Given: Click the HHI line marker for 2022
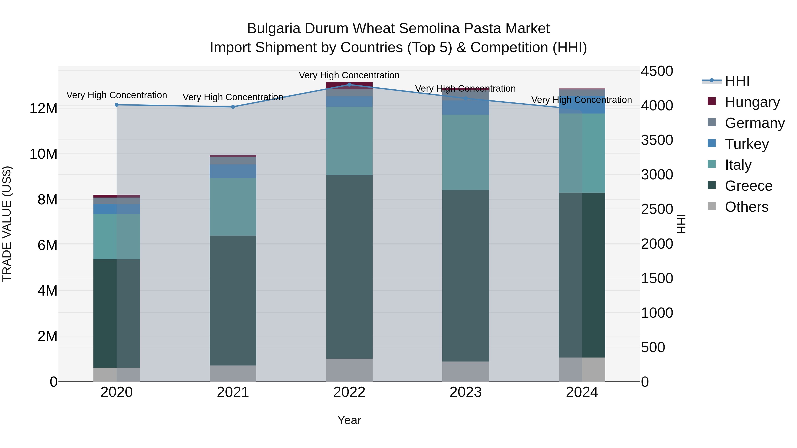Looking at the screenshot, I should pos(349,85).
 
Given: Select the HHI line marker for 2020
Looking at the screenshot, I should pos(117,105).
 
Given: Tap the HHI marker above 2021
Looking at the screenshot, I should pos(233,107).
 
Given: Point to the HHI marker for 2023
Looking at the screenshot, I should pos(466,98).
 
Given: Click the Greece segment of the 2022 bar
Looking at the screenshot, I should pos(349,267).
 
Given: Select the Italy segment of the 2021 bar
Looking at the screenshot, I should pos(233,207).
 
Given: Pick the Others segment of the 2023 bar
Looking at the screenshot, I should pos(466,371).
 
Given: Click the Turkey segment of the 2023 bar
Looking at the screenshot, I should pos(466,107).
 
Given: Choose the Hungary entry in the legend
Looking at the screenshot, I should pos(752,102).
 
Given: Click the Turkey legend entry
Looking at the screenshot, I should pos(746,144).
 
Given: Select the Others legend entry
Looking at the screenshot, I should pos(746,207).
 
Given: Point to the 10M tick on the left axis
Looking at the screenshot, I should pos(43,154).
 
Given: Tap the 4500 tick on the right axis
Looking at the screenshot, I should pos(657,71).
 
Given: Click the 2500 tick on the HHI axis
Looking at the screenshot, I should pos(657,209).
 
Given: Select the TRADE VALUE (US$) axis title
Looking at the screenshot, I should pos(7,224).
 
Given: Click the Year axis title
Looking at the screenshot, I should pos(349,420).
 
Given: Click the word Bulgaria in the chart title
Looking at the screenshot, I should pos(274,29).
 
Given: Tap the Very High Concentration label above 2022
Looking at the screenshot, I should pos(349,75).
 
